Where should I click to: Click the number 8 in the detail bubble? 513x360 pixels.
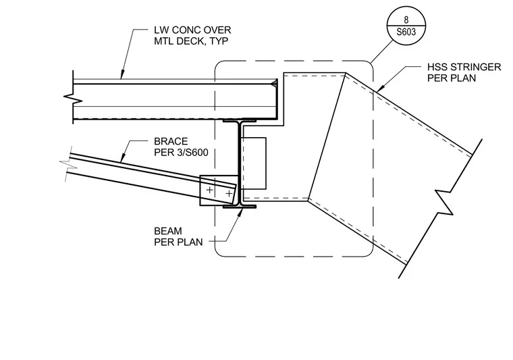coord(406,20)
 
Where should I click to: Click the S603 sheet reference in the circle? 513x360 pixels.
coord(406,32)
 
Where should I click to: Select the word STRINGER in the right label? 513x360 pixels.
coord(476,67)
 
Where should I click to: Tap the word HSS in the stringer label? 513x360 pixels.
coord(437,67)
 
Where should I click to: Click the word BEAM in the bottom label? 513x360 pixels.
coord(168,231)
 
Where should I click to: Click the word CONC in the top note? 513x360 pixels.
coord(186,30)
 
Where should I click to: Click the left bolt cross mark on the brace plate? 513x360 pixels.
coord(209,190)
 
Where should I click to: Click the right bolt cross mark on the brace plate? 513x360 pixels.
coord(229,194)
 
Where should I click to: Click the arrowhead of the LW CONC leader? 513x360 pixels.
coord(122,75)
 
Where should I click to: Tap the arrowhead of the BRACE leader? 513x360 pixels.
coord(122,159)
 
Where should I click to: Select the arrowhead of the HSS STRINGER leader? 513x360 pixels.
coord(379,88)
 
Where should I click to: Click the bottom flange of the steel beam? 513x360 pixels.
coord(240,207)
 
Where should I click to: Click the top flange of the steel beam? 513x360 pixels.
coord(240,120)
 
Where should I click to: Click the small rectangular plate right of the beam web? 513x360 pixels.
coord(253,163)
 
